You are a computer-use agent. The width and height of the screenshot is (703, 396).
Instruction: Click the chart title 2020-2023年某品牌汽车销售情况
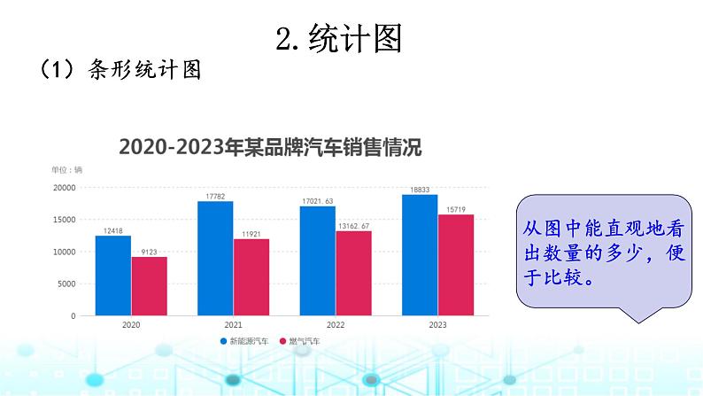pyautogui.click(x=270, y=147)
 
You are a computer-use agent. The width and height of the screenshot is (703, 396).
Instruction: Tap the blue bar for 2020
pyautogui.click(x=113, y=276)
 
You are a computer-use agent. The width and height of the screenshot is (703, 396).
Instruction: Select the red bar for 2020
pyautogui.click(x=149, y=286)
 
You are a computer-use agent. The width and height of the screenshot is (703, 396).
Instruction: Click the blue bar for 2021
pyautogui.click(x=215, y=258)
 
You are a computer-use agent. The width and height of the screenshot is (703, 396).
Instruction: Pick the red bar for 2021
pyautogui.click(x=251, y=276)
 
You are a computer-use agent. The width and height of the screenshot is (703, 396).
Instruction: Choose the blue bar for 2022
pyautogui.click(x=317, y=260)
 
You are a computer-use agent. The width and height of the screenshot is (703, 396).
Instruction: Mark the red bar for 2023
pyautogui.click(x=456, y=265)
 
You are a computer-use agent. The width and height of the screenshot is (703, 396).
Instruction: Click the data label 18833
pyautogui.click(x=420, y=190)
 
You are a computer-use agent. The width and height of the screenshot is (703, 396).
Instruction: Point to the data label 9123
pyautogui.click(x=149, y=251)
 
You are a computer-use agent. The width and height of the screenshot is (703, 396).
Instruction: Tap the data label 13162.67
pyautogui.click(x=353, y=225)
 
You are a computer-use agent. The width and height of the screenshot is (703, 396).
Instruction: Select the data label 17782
pyautogui.click(x=215, y=196)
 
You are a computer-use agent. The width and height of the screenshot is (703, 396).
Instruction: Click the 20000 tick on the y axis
pyautogui.click(x=63, y=188)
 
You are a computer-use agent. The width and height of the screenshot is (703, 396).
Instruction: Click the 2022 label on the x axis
pyautogui.click(x=336, y=325)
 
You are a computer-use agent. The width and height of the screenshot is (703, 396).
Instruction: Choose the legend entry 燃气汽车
pyautogui.click(x=300, y=341)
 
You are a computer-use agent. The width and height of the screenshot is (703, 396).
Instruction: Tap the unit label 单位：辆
pyautogui.click(x=66, y=169)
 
